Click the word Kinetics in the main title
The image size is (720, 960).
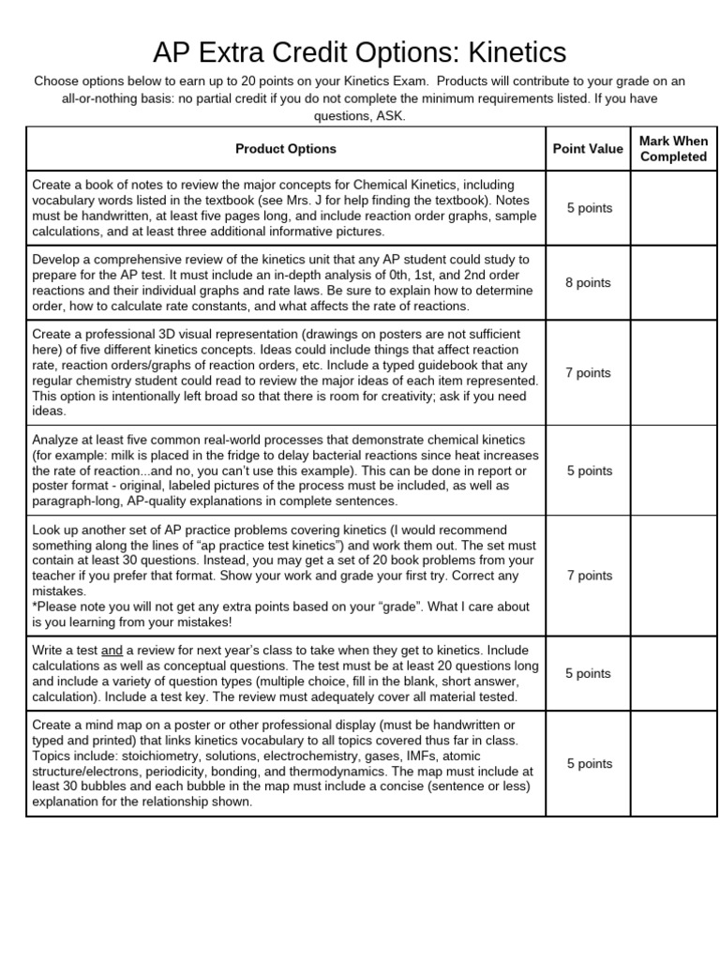pos(502,50)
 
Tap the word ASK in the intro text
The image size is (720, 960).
pos(391,115)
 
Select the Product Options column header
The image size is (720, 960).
pos(285,149)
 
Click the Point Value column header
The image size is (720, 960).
pos(588,149)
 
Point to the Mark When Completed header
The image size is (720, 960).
pos(673,149)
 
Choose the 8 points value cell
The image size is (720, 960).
pos(588,283)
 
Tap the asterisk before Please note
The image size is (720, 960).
pos(35,607)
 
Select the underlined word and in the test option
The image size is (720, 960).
pos(112,651)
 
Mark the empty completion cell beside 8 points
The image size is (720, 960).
pos(673,283)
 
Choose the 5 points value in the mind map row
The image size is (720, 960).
pos(588,764)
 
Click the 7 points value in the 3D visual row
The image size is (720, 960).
pos(588,373)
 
